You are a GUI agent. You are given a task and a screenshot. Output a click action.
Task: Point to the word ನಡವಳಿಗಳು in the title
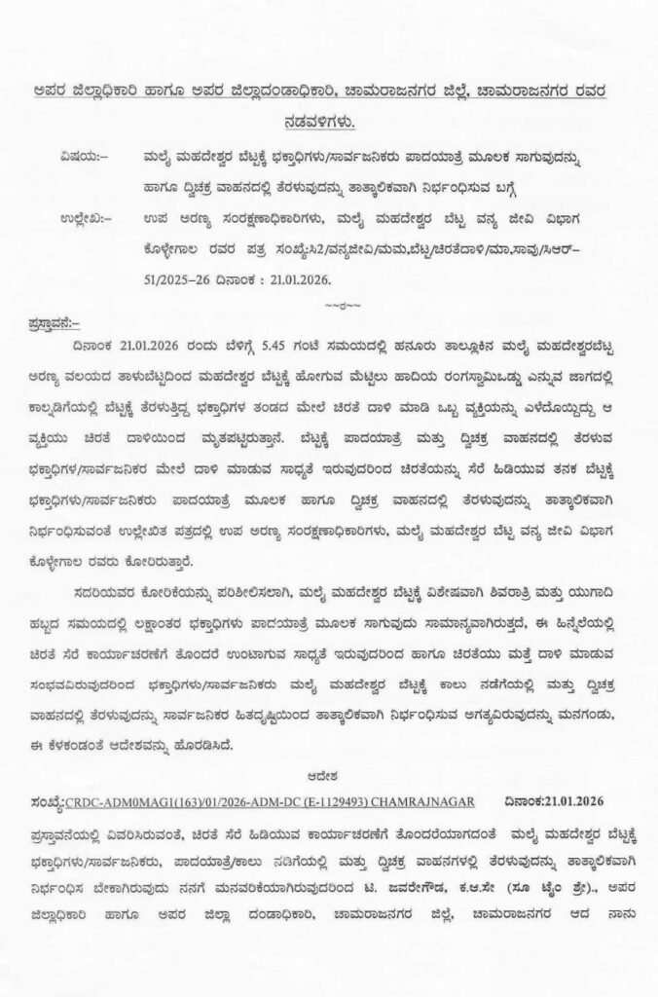(x=328, y=122)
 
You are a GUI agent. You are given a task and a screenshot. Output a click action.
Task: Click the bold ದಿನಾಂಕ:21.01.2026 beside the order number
(x=556, y=800)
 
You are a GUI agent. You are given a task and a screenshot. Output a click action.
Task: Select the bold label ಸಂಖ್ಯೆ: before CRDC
(x=46, y=800)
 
